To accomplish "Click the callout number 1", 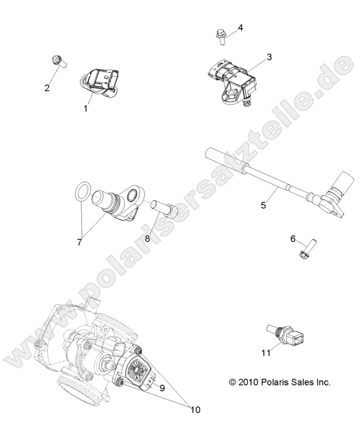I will point(85,108).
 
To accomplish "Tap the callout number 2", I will point(47,88).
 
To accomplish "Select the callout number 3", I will point(269,57).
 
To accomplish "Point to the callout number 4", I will point(241,27).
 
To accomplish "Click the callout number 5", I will point(263,205).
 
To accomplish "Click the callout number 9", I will point(162,388).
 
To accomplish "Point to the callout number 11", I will point(266,353).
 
